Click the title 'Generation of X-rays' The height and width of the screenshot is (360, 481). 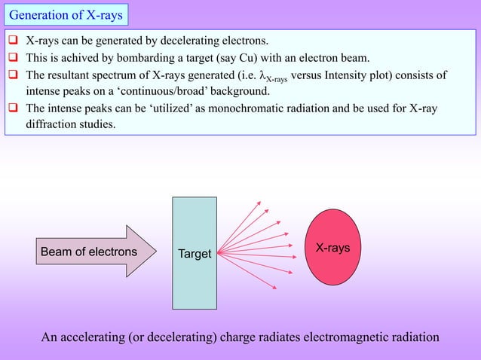click(x=66, y=14)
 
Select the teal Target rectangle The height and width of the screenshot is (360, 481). click(x=194, y=226)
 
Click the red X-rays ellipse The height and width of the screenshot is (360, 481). click(x=332, y=247)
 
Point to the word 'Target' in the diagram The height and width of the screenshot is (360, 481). click(x=194, y=255)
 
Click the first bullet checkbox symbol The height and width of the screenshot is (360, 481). click(x=14, y=40)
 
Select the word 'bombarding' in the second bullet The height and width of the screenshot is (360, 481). click(x=145, y=57)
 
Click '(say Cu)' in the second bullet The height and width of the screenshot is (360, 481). click(x=247, y=57)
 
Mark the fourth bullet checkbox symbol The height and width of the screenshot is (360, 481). click(x=14, y=108)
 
